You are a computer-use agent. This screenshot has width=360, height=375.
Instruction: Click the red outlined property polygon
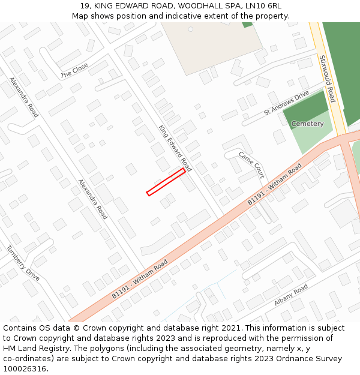coord(166,182)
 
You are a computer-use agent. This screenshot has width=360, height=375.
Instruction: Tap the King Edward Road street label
coord(175,148)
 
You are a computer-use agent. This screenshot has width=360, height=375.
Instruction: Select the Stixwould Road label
coord(328,78)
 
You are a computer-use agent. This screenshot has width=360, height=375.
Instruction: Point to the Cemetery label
coord(307,124)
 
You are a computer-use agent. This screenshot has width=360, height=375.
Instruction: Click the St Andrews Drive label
coord(287,103)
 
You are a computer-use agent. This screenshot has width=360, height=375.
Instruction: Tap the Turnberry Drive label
coord(23,263)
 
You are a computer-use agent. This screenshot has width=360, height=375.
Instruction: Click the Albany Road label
coord(291,295)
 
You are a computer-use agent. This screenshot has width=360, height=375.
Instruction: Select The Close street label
coord(74,71)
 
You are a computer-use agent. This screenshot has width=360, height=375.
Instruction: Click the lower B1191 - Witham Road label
coord(140,280)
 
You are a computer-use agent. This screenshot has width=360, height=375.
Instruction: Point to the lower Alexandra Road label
coord(92,199)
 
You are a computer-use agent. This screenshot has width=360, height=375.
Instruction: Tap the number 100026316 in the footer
coord(25,369)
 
